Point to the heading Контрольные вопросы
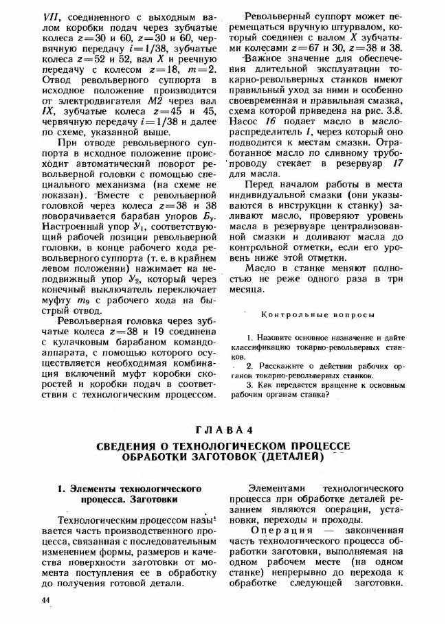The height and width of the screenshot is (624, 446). [x=318, y=315]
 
